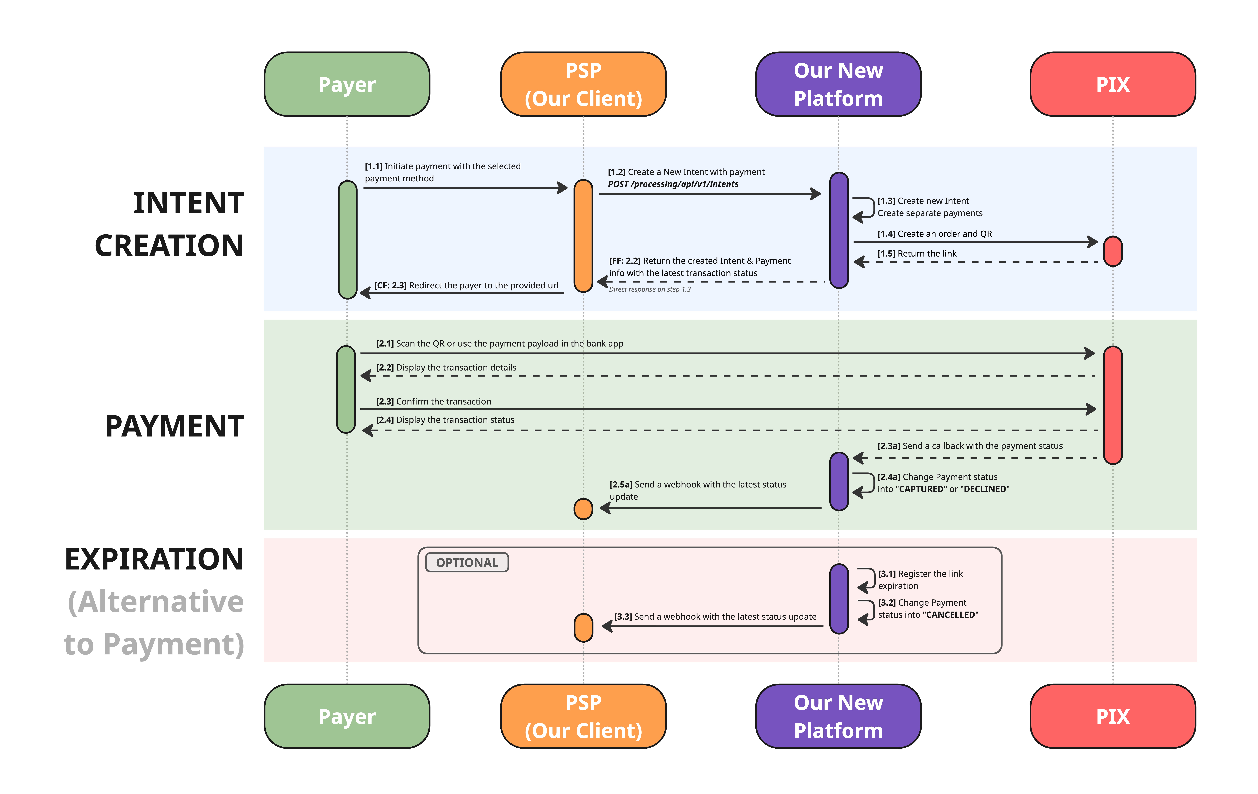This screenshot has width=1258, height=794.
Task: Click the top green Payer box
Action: click(x=347, y=84)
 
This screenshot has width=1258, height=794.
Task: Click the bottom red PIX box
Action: click(x=1113, y=716)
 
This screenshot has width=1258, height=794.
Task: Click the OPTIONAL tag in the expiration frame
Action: click(x=467, y=562)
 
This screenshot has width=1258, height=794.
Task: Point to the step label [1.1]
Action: click(x=374, y=166)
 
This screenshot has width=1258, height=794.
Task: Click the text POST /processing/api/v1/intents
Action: click(x=673, y=184)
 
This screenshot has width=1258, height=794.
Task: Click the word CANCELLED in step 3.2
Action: click(x=950, y=615)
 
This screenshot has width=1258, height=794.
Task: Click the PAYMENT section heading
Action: click(x=175, y=426)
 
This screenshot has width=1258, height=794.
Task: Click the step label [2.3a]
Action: click(x=889, y=446)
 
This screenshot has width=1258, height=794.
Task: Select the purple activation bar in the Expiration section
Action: click(x=839, y=598)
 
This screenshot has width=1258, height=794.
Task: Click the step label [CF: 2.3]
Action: click(x=390, y=285)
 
